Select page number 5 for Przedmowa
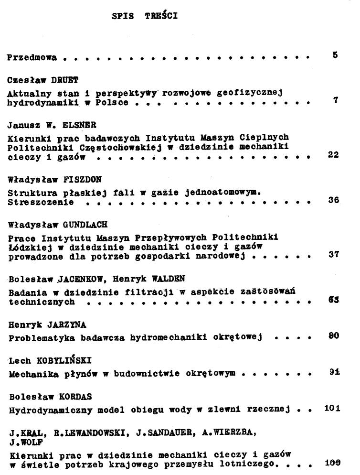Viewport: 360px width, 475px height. (x=336, y=55)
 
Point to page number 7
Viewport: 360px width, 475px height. (x=336, y=100)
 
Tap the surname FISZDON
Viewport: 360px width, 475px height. (x=81, y=180)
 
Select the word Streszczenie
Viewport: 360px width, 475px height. (x=41, y=202)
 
